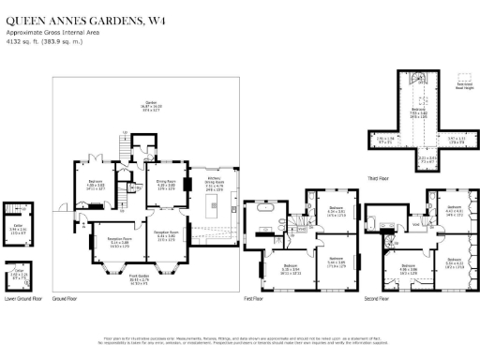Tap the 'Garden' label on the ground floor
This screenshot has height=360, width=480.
coord(150,106)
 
